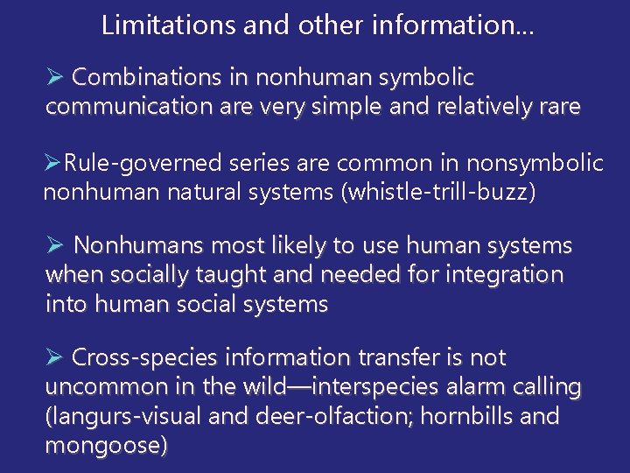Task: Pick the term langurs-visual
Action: pos(117,415)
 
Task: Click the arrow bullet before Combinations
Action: pos(54,78)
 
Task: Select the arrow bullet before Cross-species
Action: pos(54,357)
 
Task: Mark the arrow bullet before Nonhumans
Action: pos(54,246)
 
